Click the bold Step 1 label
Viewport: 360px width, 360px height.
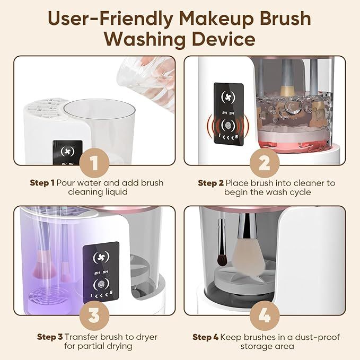click(42, 183)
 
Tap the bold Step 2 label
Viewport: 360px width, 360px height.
click(211, 183)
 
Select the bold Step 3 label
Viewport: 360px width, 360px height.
click(50, 337)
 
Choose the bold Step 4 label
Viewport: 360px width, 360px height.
click(205, 337)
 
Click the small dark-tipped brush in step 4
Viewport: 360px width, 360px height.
click(222, 260)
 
